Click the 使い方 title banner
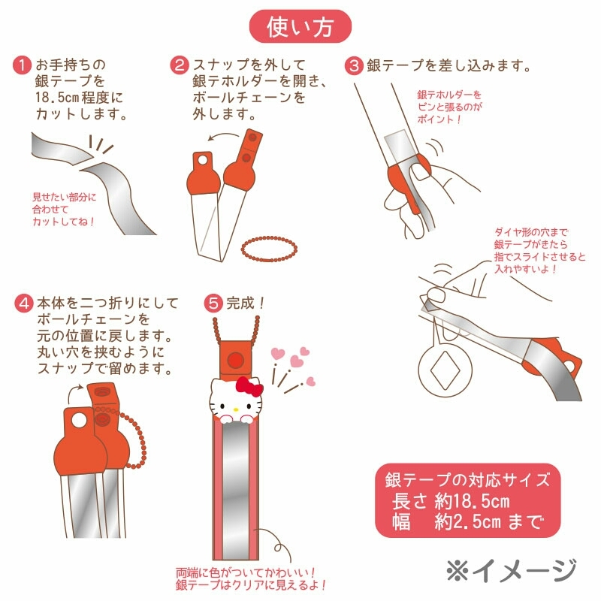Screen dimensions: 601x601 click(x=300, y=26)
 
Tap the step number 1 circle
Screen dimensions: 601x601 click(x=22, y=65)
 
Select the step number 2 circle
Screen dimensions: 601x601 click(x=180, y=65)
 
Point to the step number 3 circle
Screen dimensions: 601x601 click(x=354, y=65)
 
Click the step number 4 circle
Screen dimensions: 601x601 click(x=24, y=304)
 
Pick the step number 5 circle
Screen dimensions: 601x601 click(x=213, y=304)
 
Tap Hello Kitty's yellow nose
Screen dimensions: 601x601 click(x=236, y=409)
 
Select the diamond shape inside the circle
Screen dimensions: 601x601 click(x=445, y=370)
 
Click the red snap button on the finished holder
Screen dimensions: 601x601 click(x=235, y=361)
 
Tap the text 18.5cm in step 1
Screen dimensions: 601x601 click(x=57, y=98)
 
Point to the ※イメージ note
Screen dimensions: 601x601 click(x=512, y=570)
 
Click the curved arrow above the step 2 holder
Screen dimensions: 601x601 click(x=223, y=136)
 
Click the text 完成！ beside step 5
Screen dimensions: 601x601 click(x=246, y=304)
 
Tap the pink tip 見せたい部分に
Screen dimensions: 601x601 click(x=64, y=198)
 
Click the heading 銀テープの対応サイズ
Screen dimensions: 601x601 click(x=467, y=480)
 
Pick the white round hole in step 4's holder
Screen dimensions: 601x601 click(x=80, y=421)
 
